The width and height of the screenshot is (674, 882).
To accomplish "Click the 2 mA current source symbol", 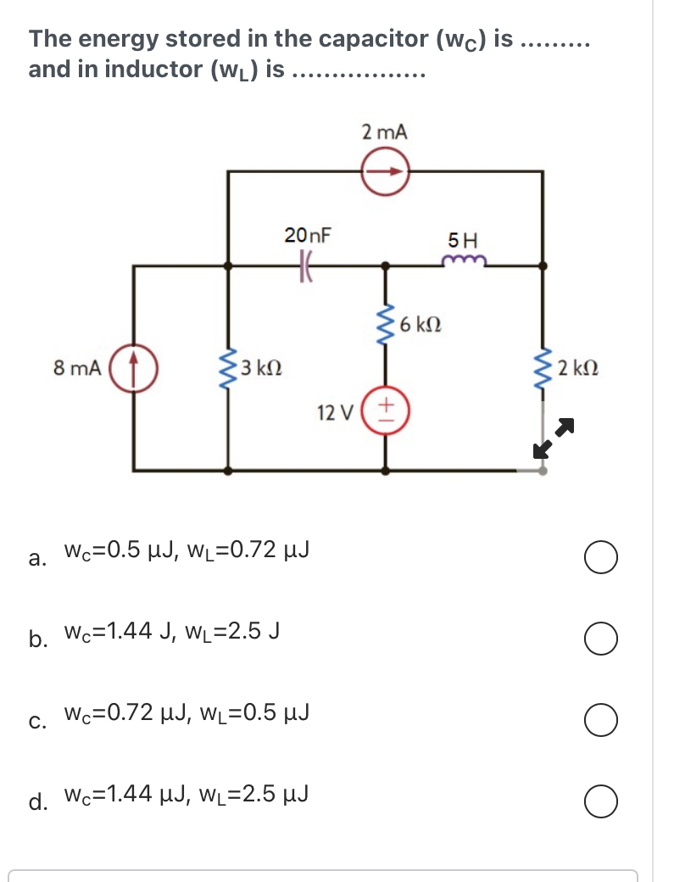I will pos(387,171).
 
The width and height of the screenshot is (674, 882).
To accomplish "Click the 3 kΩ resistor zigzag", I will pos(227,369).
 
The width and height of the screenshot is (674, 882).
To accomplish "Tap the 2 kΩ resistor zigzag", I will pos(543,369).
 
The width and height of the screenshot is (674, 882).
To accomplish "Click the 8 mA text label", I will pos(76,369).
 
